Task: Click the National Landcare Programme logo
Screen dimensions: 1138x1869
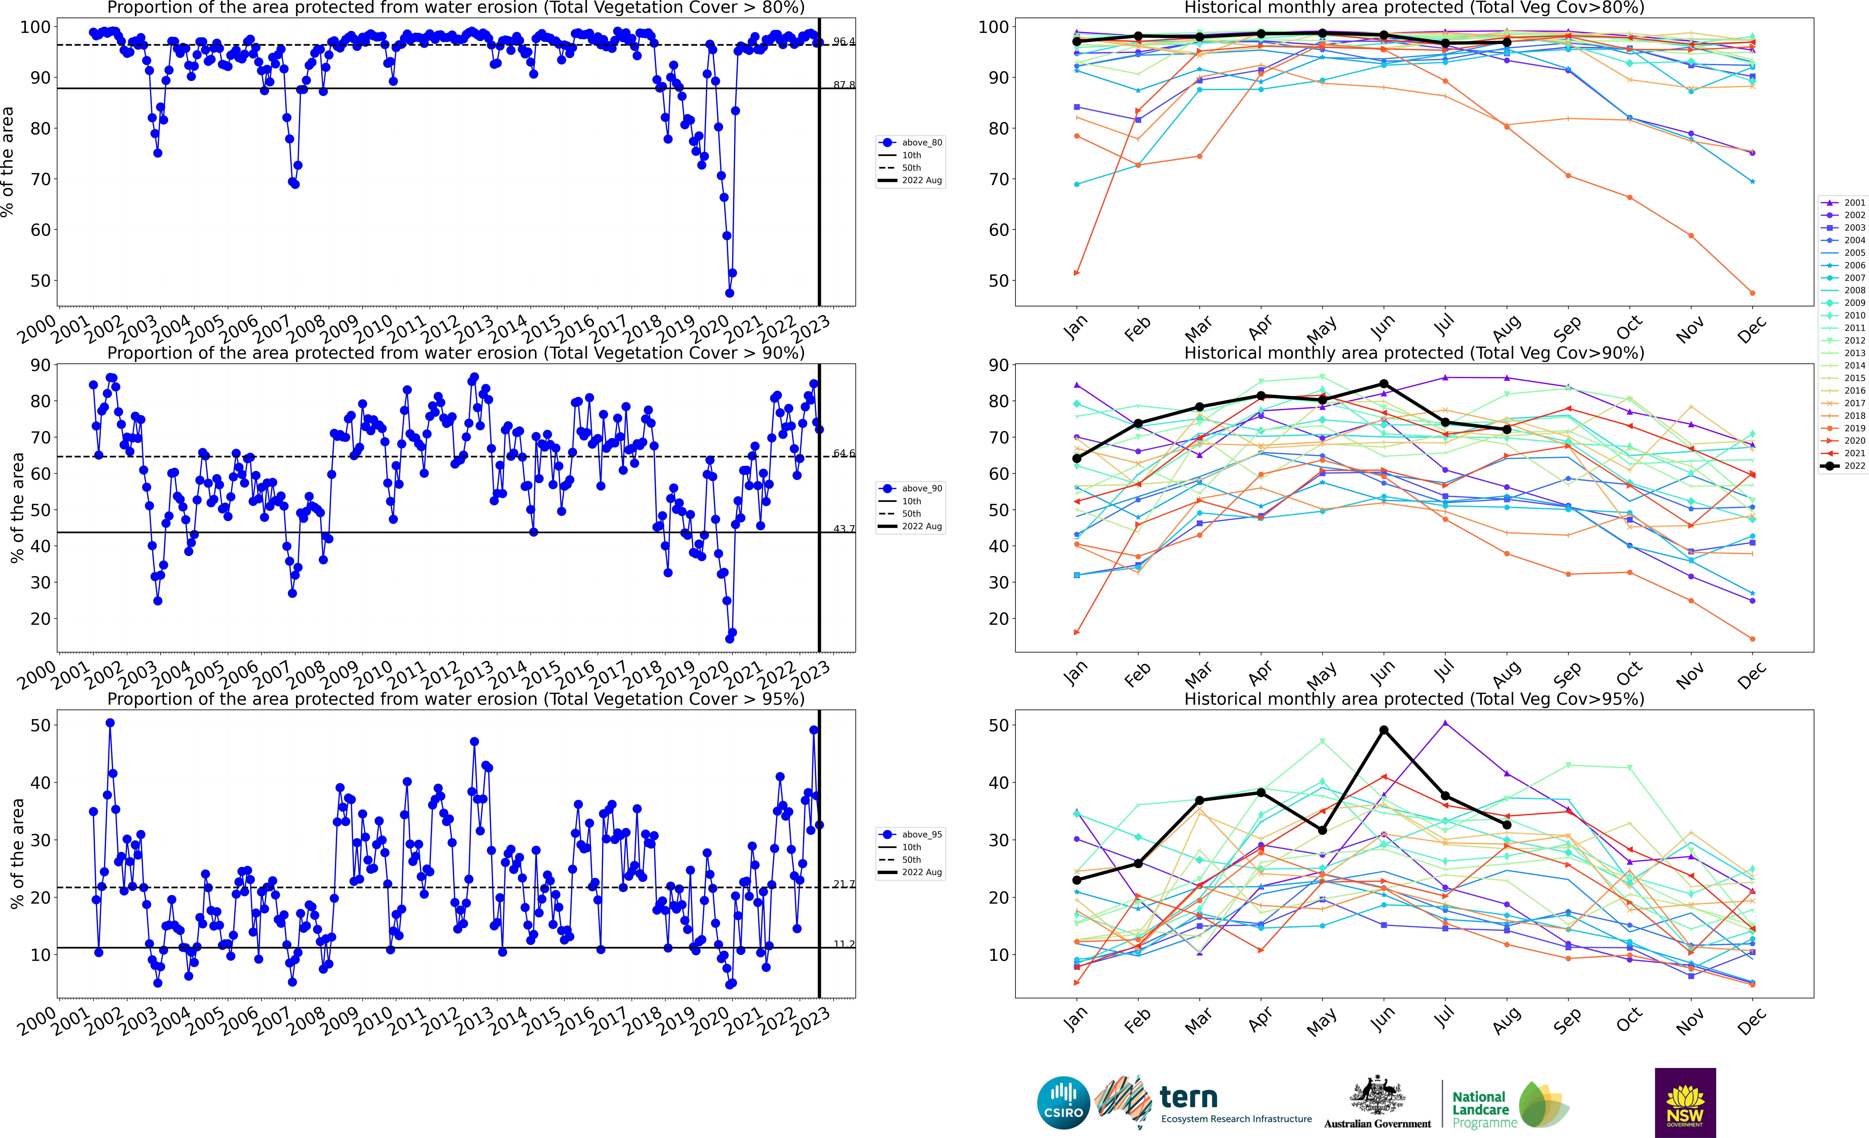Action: click(1509, 1108)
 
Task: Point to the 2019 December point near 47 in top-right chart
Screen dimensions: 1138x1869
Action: click(1752, 293)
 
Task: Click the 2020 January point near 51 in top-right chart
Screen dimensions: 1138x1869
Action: click(1076, 273)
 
